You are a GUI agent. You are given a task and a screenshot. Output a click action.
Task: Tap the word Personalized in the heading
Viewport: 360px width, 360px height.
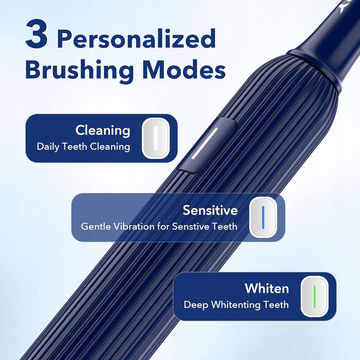[136, 39]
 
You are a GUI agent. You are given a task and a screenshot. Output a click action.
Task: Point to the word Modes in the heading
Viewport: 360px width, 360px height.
[184, 69]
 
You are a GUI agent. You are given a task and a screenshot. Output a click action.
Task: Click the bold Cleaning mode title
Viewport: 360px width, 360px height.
[103, 130]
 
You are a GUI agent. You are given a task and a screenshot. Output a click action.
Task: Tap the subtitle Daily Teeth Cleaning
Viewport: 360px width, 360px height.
[83, 147]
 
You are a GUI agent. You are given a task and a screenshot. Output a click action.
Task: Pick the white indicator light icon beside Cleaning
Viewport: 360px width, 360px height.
[156, 138]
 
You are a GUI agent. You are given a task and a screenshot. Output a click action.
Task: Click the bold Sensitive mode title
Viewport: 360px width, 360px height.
[210, 210]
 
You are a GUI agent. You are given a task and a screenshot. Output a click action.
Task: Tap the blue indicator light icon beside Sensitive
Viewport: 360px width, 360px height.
[263, 217]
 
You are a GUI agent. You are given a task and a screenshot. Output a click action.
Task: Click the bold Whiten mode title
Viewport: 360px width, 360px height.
[266, 288]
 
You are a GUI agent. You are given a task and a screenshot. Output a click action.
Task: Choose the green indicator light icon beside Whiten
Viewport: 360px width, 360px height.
[315, 296]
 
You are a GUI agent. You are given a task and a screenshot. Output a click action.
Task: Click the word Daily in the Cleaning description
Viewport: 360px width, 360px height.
[48, 147]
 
